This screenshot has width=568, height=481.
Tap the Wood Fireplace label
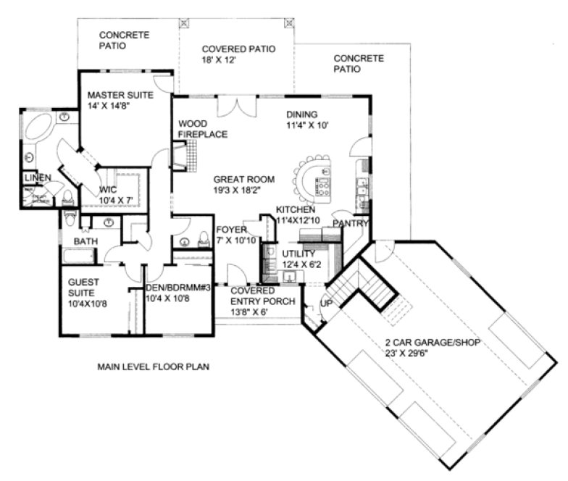coord(203,129)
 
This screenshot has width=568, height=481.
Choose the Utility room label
coord(298,254)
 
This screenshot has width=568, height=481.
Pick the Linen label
coord(35,177)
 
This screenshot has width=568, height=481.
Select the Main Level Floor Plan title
coord(154,367)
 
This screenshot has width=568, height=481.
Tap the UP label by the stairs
coord(326,304)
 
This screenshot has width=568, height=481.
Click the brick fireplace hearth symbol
coord(191,155)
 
